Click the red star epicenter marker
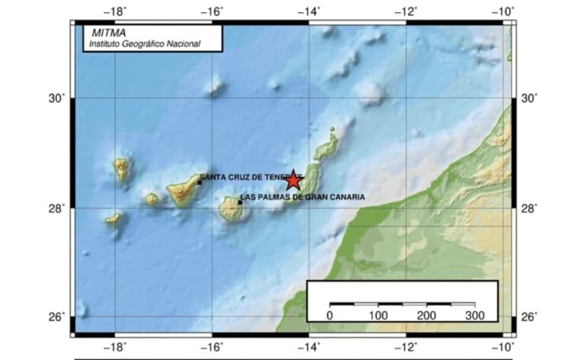(293, 181)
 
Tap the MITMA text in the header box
(107, 34)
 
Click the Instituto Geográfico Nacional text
(145, 44)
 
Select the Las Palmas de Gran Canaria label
(302, 197)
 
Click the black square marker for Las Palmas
(240, 202)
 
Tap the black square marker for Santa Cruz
(199, 182)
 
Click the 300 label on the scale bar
(475, 315)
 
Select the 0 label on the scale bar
(330, 315)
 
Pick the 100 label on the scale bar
(378, 315)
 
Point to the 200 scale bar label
(426, 315)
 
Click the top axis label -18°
(116, 11)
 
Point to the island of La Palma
(121, 169)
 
